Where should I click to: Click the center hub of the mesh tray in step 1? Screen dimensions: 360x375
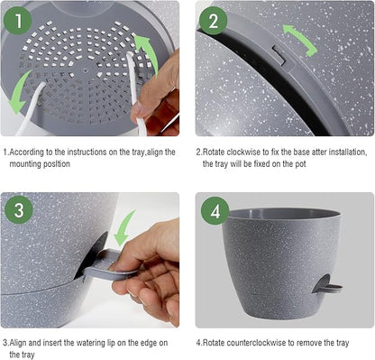pos(86,67)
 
